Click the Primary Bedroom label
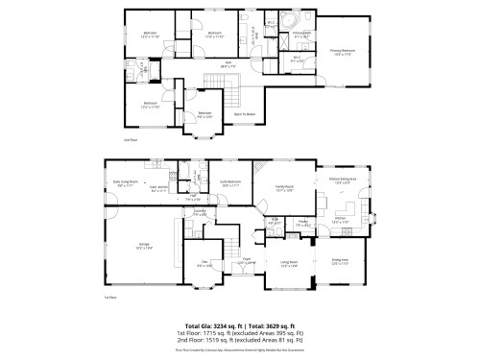coord(342,51)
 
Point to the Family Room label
coord(282,189)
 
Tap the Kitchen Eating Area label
coord(343,180)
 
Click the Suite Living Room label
coord(127,182)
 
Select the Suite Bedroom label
coord(230,182)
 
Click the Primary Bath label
coord(301,34)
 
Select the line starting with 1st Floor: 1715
coord(240,333)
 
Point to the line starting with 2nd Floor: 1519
coord(240,341)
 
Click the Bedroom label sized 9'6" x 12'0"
coord(204,114)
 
